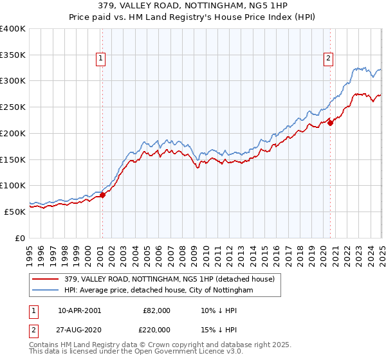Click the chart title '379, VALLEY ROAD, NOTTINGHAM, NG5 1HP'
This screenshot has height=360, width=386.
(193, 6)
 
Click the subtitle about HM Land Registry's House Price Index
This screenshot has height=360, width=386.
(193, 17)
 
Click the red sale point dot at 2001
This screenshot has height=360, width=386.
(102, 195)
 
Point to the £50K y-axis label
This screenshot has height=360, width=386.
(14, 212)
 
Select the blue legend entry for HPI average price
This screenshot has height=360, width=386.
(158, 291)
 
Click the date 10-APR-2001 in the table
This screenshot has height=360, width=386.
(79, 310)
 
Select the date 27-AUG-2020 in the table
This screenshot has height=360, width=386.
(79, 329)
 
